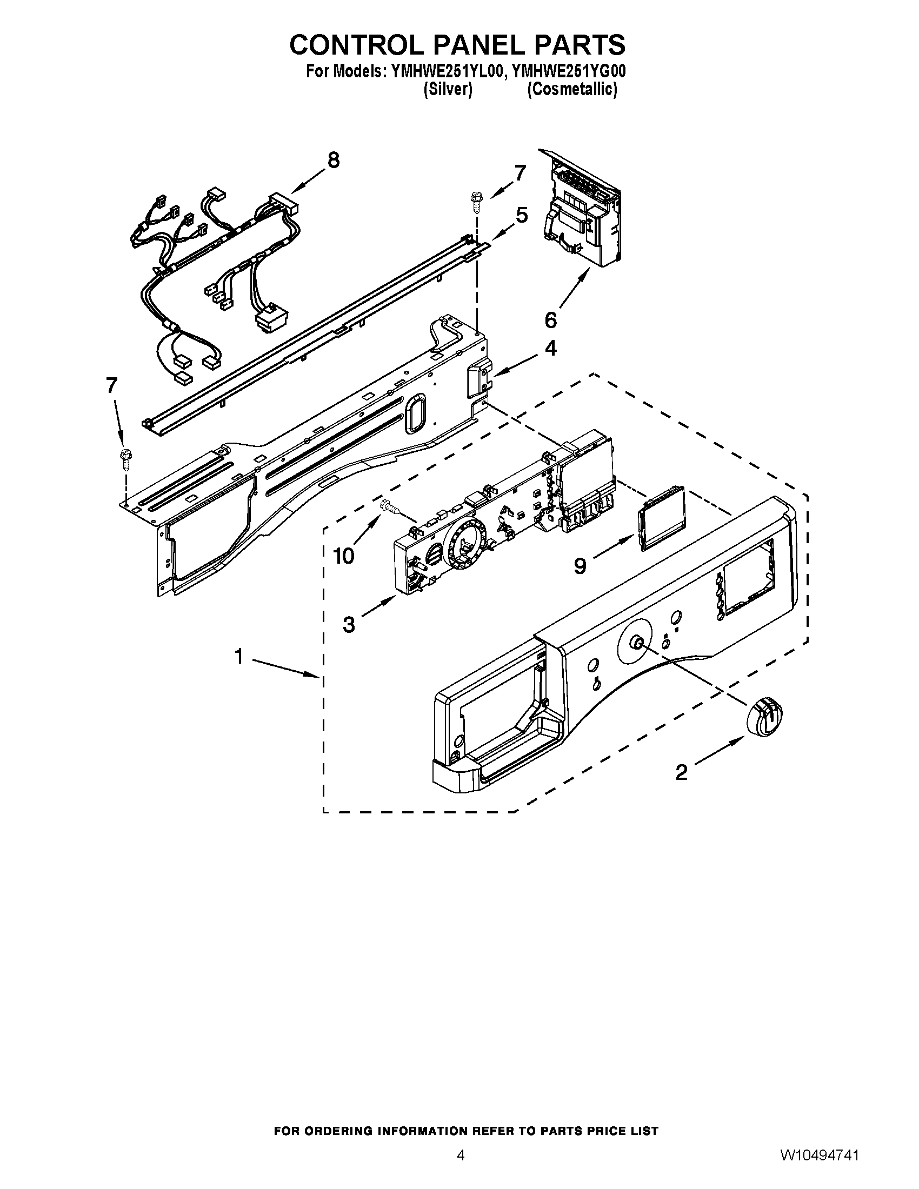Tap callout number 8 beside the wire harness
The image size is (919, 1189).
pos(333,160)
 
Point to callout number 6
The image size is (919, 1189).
pos(551,320)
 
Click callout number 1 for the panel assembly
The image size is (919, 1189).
pos(238,657)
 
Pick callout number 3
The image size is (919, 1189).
pos(349,624)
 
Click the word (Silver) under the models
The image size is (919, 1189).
pos(447,89)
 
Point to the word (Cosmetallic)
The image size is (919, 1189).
pos(572,89)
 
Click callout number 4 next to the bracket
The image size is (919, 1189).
pos(551,349)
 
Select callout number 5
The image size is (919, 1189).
pos(522,216)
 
